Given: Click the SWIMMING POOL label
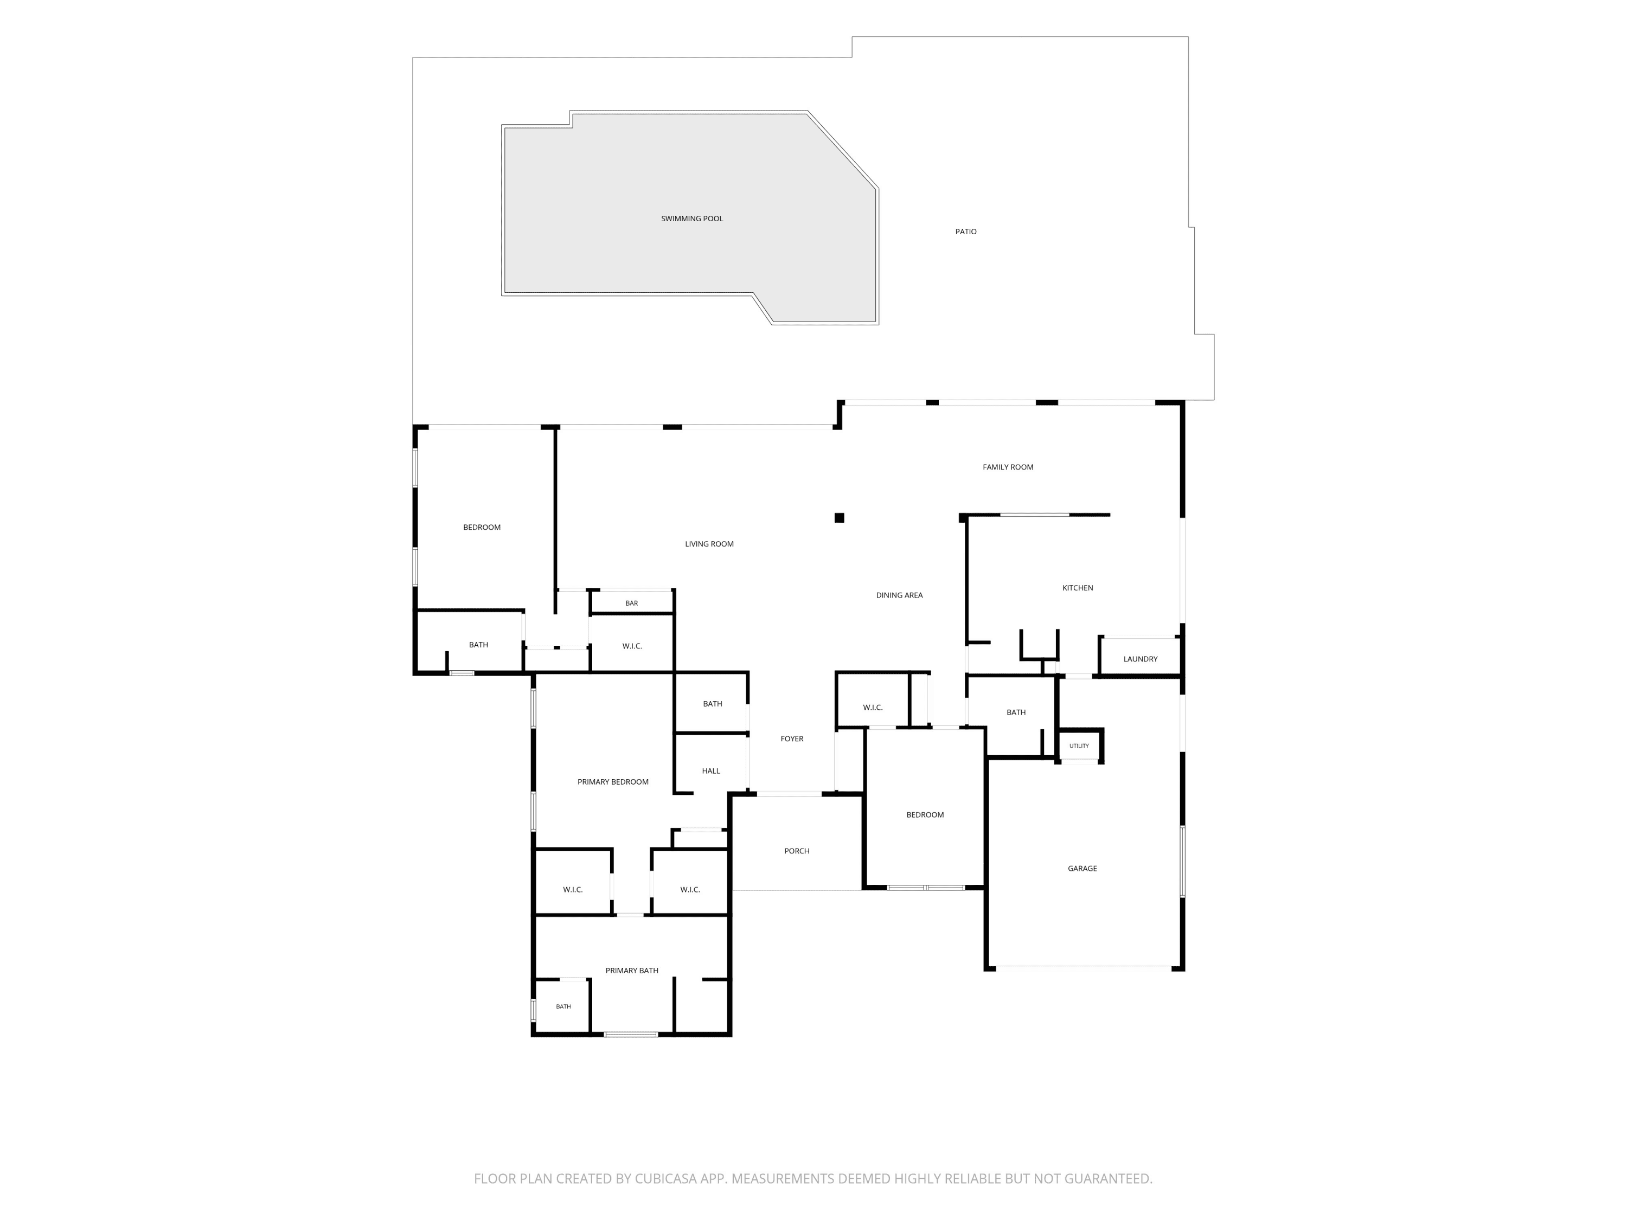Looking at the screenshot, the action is point(691,219).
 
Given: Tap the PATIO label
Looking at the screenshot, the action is point(966,232).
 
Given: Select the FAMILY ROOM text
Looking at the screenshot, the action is point(1008,467).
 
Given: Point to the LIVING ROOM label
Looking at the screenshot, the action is point(709,544).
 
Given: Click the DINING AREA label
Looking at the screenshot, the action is point(899,595).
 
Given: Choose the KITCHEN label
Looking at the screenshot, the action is point(1078,588).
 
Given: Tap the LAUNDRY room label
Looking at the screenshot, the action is point(1140,659).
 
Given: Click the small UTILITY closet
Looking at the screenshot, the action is point(1079,746).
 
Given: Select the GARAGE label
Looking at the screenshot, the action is point(1082,869).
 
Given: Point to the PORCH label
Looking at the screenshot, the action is point(797,851).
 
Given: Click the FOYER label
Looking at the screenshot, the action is point(791,739).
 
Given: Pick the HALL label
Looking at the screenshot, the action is point(710,770).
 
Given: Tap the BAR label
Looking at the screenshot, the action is point(631,603).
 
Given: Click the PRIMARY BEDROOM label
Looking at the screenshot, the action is point(613,782).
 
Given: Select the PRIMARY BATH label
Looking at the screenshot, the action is point(631,971).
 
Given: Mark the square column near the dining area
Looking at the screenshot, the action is point(839,518).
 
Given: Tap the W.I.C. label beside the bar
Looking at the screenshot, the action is point(632,646).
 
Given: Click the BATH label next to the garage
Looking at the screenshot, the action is point(1016,712).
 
